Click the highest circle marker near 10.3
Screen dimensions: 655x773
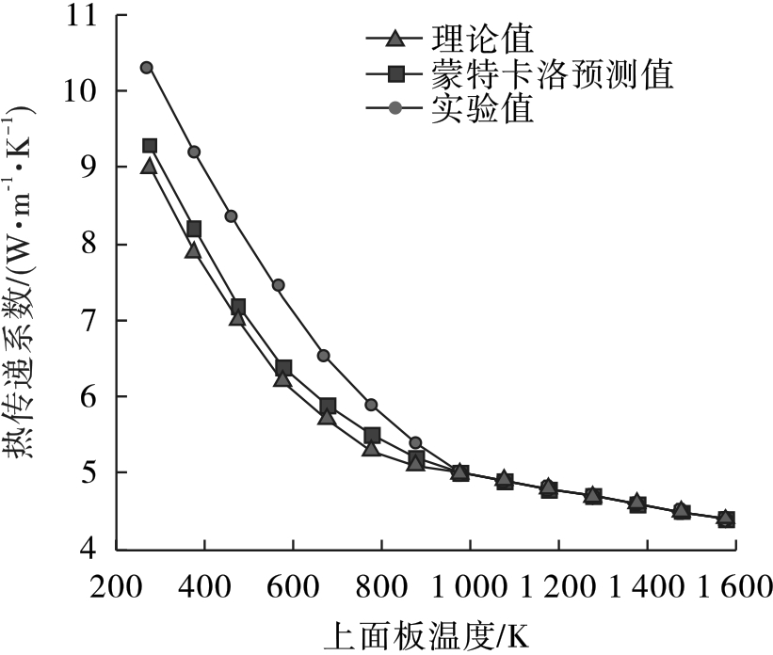point(146,68)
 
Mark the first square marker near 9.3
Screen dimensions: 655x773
point(150,146)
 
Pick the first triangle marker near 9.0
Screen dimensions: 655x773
point(148,167)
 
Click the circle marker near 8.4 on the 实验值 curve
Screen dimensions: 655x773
point(231,216)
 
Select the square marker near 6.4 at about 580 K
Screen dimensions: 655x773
point(283,367)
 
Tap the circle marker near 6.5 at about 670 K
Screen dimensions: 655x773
point(324,356)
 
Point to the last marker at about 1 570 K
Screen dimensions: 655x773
point(726,519)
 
